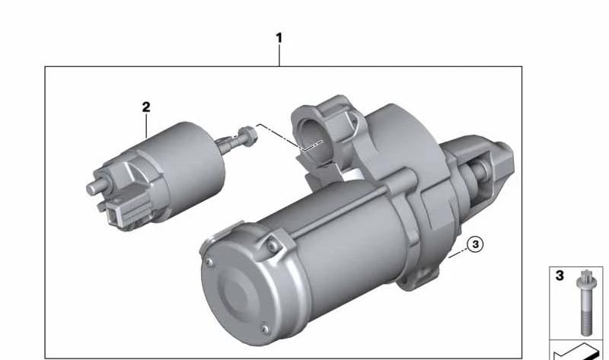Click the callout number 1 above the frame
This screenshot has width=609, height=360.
point(279,38)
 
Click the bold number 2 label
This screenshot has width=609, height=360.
point(146,107)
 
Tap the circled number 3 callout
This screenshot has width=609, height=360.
point(475,244)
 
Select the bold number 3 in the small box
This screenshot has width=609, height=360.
point(560,276)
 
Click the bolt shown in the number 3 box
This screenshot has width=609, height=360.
point(586,303)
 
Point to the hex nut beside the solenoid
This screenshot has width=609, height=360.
point(248,136)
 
